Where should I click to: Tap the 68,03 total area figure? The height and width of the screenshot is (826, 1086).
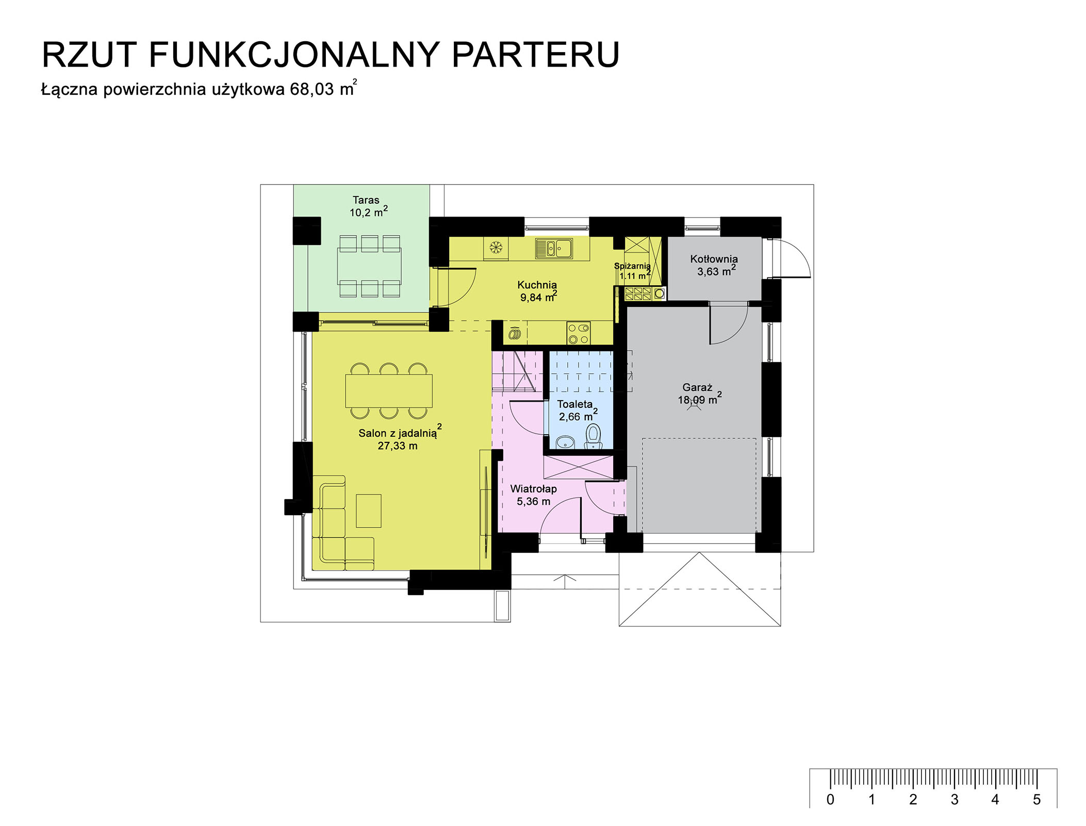point(311,89)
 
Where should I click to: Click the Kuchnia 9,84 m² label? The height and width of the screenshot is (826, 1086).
point(538,291)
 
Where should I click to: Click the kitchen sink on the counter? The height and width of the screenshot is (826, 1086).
point(554,249)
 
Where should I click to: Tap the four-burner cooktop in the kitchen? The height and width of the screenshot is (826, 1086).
point(579,333)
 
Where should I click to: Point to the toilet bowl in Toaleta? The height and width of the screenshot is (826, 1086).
point(594,436)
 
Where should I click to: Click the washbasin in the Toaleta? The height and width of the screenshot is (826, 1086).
point(566,442)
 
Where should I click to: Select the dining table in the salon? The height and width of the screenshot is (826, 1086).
point(389,391)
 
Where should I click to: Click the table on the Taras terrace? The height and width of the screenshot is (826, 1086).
point(369,266)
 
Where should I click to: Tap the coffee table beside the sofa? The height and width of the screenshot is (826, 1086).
point(369,511)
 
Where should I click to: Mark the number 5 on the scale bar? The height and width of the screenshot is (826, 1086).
point(1036,800)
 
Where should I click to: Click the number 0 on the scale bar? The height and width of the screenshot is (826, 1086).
point(830,800)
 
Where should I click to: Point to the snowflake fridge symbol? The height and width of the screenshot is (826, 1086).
point(496,248)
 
